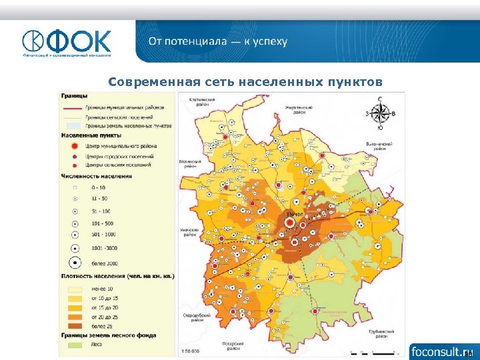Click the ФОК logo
point(67,42)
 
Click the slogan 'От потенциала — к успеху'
point(217,41)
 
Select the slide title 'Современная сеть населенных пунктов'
point(245,83)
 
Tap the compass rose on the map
point(380,113)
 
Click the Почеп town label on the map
point(295,213)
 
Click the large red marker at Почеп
point(291,223)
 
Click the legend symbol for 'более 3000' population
point(75,263)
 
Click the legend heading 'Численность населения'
point(96,177)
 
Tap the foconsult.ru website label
point(441,351)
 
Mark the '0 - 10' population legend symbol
point(75,189)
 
